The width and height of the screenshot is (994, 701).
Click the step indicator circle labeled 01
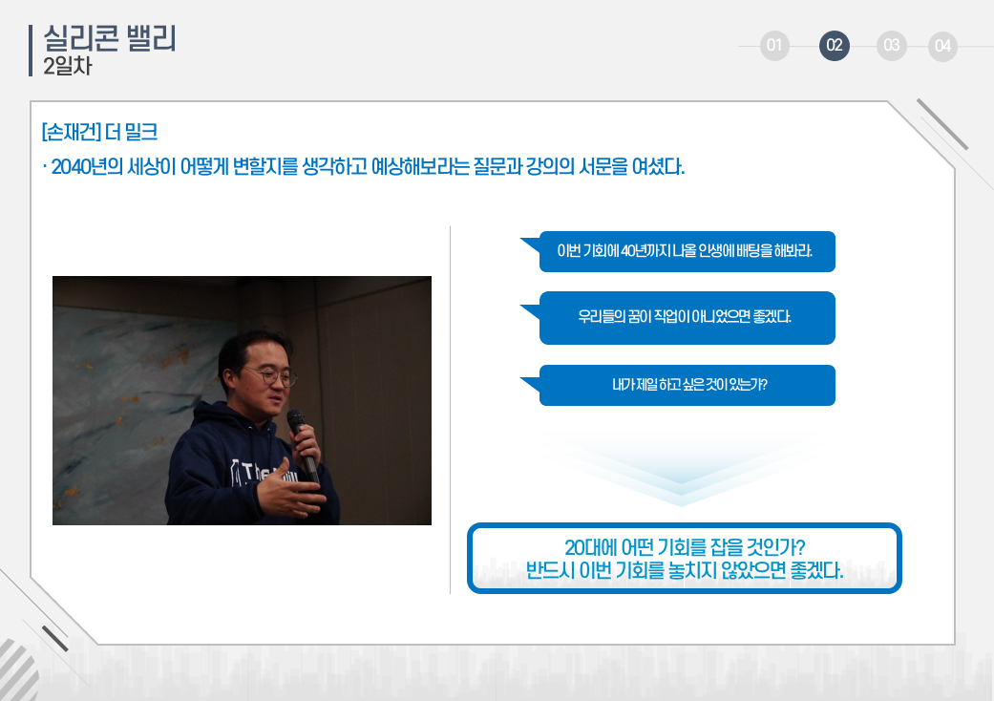pos(774,46)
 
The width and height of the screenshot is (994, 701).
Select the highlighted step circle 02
pos(835,46)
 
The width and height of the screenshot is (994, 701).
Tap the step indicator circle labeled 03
pos(891,46)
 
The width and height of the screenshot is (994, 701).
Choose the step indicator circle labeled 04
pos(942,46)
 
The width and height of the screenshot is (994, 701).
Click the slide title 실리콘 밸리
pos(110,38)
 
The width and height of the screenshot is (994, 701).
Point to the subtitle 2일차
pos(68,66)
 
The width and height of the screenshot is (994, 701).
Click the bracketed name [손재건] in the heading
pos(71,132)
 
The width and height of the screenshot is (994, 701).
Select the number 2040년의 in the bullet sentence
pos(87,167)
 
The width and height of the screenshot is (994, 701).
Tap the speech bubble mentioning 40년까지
pos(687,251)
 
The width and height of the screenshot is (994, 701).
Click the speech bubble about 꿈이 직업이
pos(687,317)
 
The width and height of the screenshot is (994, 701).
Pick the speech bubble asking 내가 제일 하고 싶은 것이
pos(687,385)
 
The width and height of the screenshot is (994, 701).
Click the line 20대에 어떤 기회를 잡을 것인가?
pos(685,547)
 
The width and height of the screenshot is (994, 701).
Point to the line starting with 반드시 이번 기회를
pos(685,570)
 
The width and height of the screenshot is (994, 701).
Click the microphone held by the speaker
pos(303,444)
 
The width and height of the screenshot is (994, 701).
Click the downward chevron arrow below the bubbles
pos(682,469)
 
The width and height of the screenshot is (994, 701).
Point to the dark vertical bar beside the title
pos(31,51)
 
